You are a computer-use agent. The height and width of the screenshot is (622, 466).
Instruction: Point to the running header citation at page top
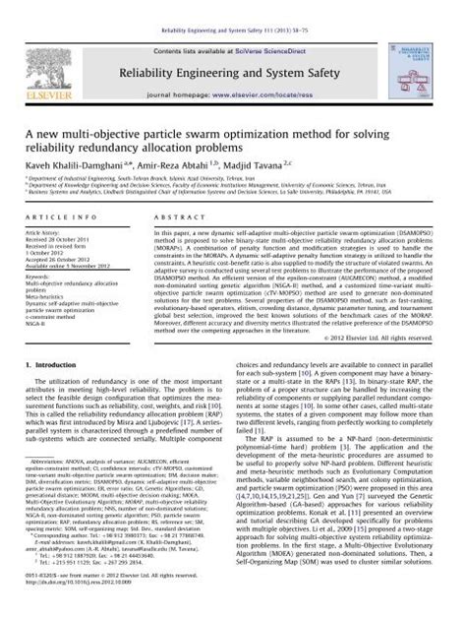click(x=232, y=6)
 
